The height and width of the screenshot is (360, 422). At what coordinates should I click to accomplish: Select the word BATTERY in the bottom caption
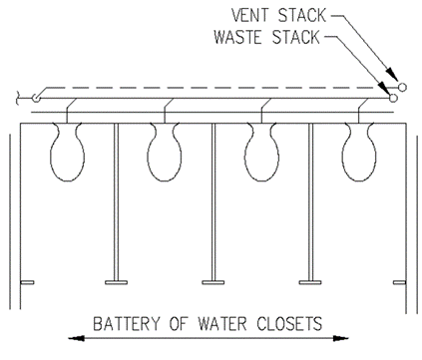127,324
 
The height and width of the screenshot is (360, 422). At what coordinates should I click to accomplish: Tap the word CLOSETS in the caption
289,324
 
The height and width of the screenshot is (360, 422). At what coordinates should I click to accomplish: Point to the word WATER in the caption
222,324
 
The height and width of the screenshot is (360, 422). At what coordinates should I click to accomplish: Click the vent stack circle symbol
402,88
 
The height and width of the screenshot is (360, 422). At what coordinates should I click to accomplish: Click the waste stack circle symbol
393,98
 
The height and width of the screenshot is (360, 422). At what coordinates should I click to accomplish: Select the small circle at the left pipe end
36,98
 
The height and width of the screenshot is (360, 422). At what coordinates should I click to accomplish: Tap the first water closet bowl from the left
68,152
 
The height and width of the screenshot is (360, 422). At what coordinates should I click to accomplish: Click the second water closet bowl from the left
165,152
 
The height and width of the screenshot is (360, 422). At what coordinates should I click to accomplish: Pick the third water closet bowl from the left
262,152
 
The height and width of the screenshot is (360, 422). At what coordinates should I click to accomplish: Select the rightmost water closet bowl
359,152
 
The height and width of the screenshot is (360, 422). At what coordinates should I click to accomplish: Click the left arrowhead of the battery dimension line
75,338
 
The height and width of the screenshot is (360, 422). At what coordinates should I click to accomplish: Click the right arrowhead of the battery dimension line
341,338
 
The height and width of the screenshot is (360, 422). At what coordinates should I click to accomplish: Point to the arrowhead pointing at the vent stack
391,74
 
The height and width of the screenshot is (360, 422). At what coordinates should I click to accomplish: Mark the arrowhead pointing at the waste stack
385,89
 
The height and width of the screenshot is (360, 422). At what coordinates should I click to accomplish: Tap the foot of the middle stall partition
213,282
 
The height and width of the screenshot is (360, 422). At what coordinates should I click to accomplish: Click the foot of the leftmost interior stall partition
116,282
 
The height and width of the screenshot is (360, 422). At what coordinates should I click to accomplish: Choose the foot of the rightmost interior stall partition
310,282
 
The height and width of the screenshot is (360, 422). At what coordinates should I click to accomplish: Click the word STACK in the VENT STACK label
302,15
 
